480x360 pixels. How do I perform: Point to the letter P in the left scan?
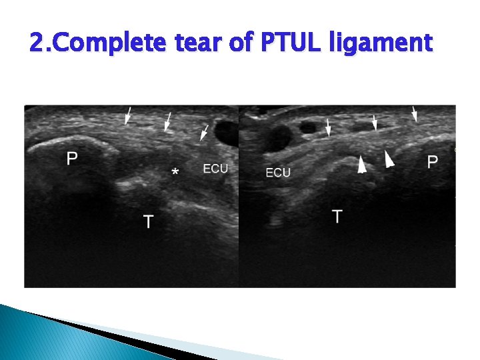(72, 159)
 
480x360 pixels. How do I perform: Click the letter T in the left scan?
(147, 221)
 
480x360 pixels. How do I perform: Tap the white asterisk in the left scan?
(175, 172)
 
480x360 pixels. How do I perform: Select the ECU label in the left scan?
(215, 169)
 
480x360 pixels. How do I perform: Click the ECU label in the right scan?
(278, 173)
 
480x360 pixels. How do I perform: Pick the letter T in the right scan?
(337, 216)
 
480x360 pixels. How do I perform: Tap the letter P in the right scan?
(433, 161)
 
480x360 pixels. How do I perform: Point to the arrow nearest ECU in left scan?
(205, 132)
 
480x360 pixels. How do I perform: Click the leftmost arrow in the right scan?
(328, 127)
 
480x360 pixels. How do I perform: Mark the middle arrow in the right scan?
(375, 122)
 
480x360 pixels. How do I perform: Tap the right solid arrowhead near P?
(389, 158)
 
